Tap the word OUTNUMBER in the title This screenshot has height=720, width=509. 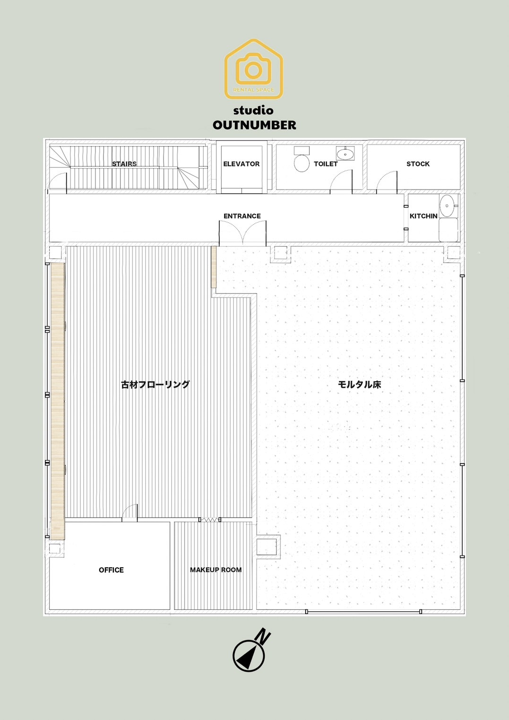click(254, 125)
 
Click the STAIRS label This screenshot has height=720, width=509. click(124, 164)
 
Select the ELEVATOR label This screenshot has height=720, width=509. click(242, 164)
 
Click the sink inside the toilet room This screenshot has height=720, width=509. click(345, 153)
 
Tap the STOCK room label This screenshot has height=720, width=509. click(418, 164)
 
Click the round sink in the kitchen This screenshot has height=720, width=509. click(447, 205)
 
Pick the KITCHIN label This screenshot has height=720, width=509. click(423, 216)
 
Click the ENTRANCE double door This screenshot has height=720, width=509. click(242, 234)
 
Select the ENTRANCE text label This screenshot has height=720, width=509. click(242, 216)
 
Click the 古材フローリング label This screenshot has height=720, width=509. click(155, 384)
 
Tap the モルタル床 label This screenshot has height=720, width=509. click(359, 384)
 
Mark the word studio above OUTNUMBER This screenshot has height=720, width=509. click(253, 110)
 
